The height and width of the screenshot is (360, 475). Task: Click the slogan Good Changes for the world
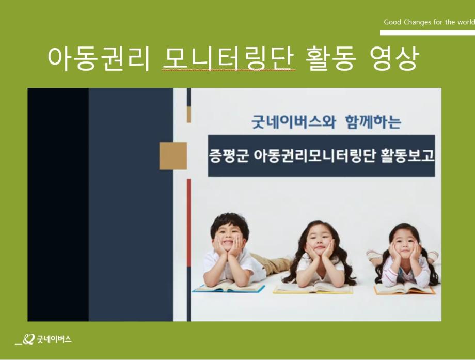pyautogui.click(x=429, y=22)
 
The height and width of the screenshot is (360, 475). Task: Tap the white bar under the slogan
pyautogui.click(x=427, y=33)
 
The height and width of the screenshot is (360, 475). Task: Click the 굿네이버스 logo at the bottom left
pyautogui.click(x=43, y=339)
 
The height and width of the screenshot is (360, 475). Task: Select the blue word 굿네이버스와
pyautogui.click(x=294, y=122)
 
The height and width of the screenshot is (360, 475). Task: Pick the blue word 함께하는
pyautogui.click(x=373, y=122)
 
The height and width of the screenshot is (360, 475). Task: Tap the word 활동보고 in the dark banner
pyautogui.click(x=407, y=156)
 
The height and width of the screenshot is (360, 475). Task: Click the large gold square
pyautogui.click(x=173, y=156)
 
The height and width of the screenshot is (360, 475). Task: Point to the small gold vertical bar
pyautogui.click(x=189, y=115)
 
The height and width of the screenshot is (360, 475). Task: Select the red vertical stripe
pyautogui.click(x=189, y=223)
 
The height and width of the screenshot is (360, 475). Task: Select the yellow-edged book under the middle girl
pyautogui.click(x=313, y=288)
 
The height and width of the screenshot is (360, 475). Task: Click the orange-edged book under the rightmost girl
pyautogui.click(x=405, y=289)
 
